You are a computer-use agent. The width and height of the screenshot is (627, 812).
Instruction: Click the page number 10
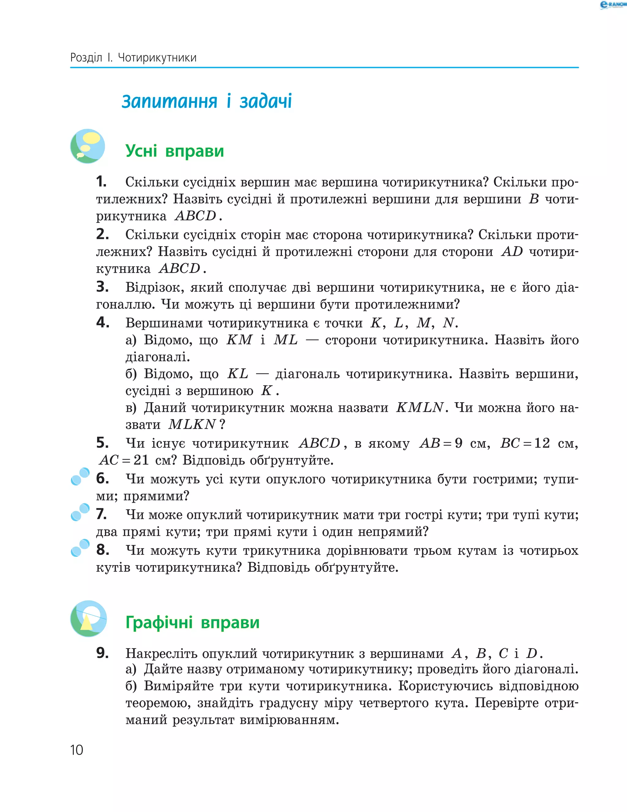tap(77, 750)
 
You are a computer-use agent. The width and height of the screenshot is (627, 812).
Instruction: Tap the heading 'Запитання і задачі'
tap(207, 101)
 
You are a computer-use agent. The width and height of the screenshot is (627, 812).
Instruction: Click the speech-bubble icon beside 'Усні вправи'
tap(88, 146)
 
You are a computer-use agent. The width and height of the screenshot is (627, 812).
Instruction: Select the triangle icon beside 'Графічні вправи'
tap(88, 619)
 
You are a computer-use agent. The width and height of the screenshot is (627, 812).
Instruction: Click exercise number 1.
tap(101, 182)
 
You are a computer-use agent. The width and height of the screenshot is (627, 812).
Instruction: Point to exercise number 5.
tap(102, 443)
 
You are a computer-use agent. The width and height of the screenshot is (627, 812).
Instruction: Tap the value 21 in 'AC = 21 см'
tap(141, 460)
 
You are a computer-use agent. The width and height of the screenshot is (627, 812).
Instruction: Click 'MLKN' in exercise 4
tap(192, 424)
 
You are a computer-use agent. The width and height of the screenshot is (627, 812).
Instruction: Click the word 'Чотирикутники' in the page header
tap(157, 58)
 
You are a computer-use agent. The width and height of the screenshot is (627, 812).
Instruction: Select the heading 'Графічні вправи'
tap(192, 622)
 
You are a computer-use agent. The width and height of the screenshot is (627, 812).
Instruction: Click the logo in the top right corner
tap(613, 5)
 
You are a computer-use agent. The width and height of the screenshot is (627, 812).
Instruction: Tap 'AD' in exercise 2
tap(512, 252)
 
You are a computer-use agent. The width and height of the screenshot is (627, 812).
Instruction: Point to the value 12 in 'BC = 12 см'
tap(542, 443)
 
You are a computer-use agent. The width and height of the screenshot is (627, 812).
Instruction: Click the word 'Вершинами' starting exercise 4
tap(163, 323)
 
